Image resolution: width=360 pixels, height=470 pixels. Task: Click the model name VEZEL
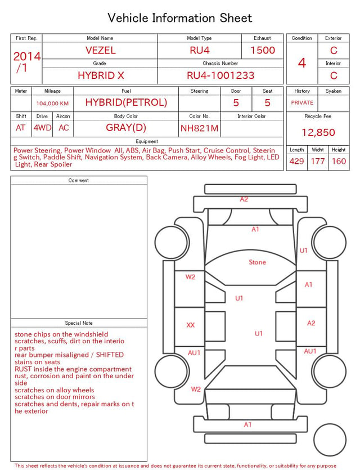coord(101,50)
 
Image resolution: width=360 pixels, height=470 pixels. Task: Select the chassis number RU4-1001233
coord(220,75)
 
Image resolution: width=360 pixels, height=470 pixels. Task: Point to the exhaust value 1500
coord(263,50)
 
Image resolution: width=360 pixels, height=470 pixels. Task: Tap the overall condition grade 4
coord(302,63)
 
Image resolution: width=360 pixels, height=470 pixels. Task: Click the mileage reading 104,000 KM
coord(52,104)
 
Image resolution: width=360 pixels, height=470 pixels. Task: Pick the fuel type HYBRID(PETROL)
coord(126,102)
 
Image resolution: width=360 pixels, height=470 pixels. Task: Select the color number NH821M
coord(200,128)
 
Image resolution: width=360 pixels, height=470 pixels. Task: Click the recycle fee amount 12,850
coord(318,132)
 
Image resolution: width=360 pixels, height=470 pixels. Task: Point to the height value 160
coord(339,161)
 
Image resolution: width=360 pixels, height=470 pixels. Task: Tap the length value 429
coord(297,161)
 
